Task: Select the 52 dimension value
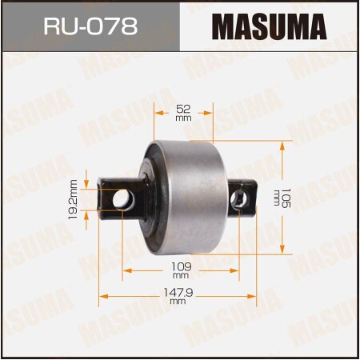[x=182, y=107]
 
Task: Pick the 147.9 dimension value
[x=178, y=293]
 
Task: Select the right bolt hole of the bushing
[x=238, y=198]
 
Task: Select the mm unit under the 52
[x=182, y=117]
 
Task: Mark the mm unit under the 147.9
[x=178, y=302]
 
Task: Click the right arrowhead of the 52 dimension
[x=211, y=112]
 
